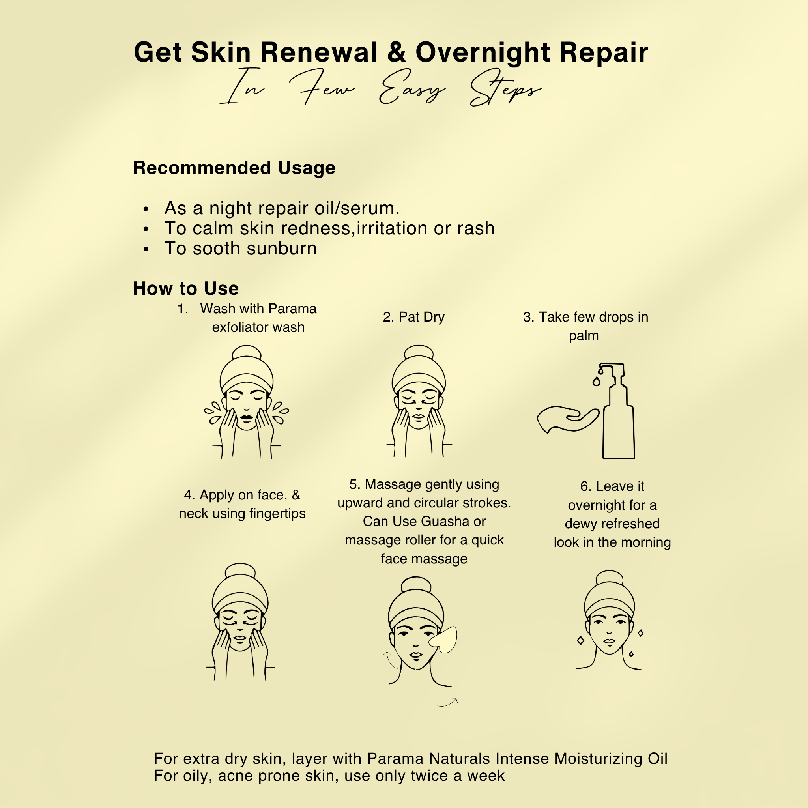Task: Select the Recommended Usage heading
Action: (234, 168)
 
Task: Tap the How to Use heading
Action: (186, 288)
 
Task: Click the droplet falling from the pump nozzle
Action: (597, 381)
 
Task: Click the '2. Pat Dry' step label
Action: (413, 317)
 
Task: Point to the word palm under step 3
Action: (584, 336)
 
